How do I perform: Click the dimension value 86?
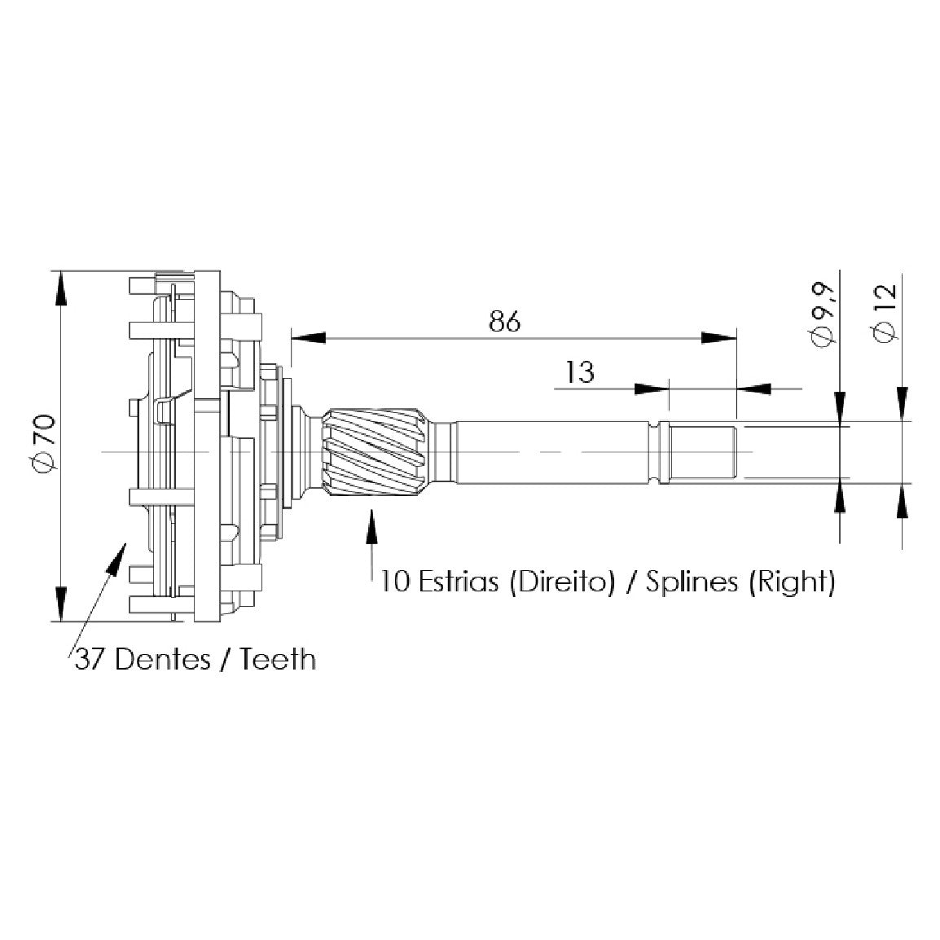505,322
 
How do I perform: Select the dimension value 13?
580,372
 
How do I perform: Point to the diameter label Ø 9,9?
823,314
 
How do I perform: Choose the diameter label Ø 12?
886,312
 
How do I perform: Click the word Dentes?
162,660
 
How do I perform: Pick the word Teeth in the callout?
278,660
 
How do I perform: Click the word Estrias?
458,582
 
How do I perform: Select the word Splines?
692,582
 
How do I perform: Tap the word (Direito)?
562,582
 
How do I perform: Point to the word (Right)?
791,582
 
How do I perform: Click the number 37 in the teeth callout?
90,660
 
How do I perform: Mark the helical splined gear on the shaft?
376,451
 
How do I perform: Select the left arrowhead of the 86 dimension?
308,338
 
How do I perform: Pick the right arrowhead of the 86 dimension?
718,338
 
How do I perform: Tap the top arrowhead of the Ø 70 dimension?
60,289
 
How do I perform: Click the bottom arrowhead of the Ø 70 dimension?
60,604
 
